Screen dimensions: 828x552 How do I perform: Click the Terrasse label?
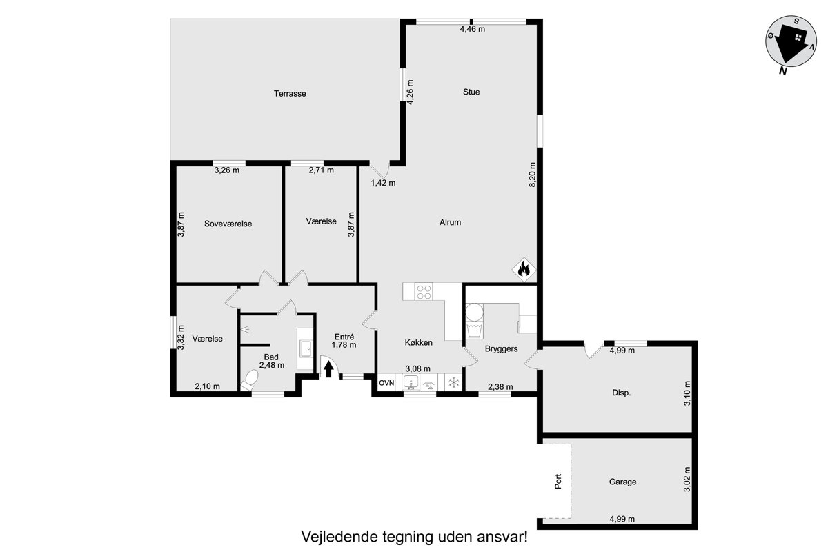pyautogui.click(x=290, y=94)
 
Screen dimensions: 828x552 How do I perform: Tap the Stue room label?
pyautogui.click(x=471, y=92)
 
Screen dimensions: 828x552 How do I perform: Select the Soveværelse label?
pyautogui.click(x=228, y=224)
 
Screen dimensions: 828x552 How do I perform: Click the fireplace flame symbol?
pyautogui.click(x=524, y=269)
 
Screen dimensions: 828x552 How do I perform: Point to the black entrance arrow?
pyautogui.click(x=328, y=369)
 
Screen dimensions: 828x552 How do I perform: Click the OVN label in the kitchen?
pyautogui.click(x=386, y=383)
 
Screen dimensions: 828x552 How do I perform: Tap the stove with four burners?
pyautogui.click(x=424, y=291)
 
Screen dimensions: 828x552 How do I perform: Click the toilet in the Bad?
pyautogui.click(x=250, y=379)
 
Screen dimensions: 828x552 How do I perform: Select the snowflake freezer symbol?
pyautogui.click(x=453, y=382)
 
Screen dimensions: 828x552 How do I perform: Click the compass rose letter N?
pyautogui.click(x=782, y=71)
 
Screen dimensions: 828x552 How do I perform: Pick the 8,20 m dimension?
pyautogui.click(x=532, y=175)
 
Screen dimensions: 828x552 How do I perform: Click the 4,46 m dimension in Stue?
pyautogui.click(x=473, y=29)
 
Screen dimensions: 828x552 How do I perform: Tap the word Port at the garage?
pyautogui.click(x=558, y=482)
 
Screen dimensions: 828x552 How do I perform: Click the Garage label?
pyautogui.click(x=623, y=482)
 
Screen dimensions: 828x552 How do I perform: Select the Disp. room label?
pyautogui.click(x=622, y=393)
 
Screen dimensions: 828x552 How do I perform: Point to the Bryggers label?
pyautogui.click(x=501, y=348)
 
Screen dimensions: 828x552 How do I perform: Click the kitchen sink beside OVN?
pyautogui.click(x=411, y=382)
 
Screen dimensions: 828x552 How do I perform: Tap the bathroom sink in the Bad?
pyautogui.click(x=306, y=348)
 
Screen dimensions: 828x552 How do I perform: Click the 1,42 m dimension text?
pyautogui.click(x=383, y=183)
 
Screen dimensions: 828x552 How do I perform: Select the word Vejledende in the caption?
pyautogui.click(x=338, y=537)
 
